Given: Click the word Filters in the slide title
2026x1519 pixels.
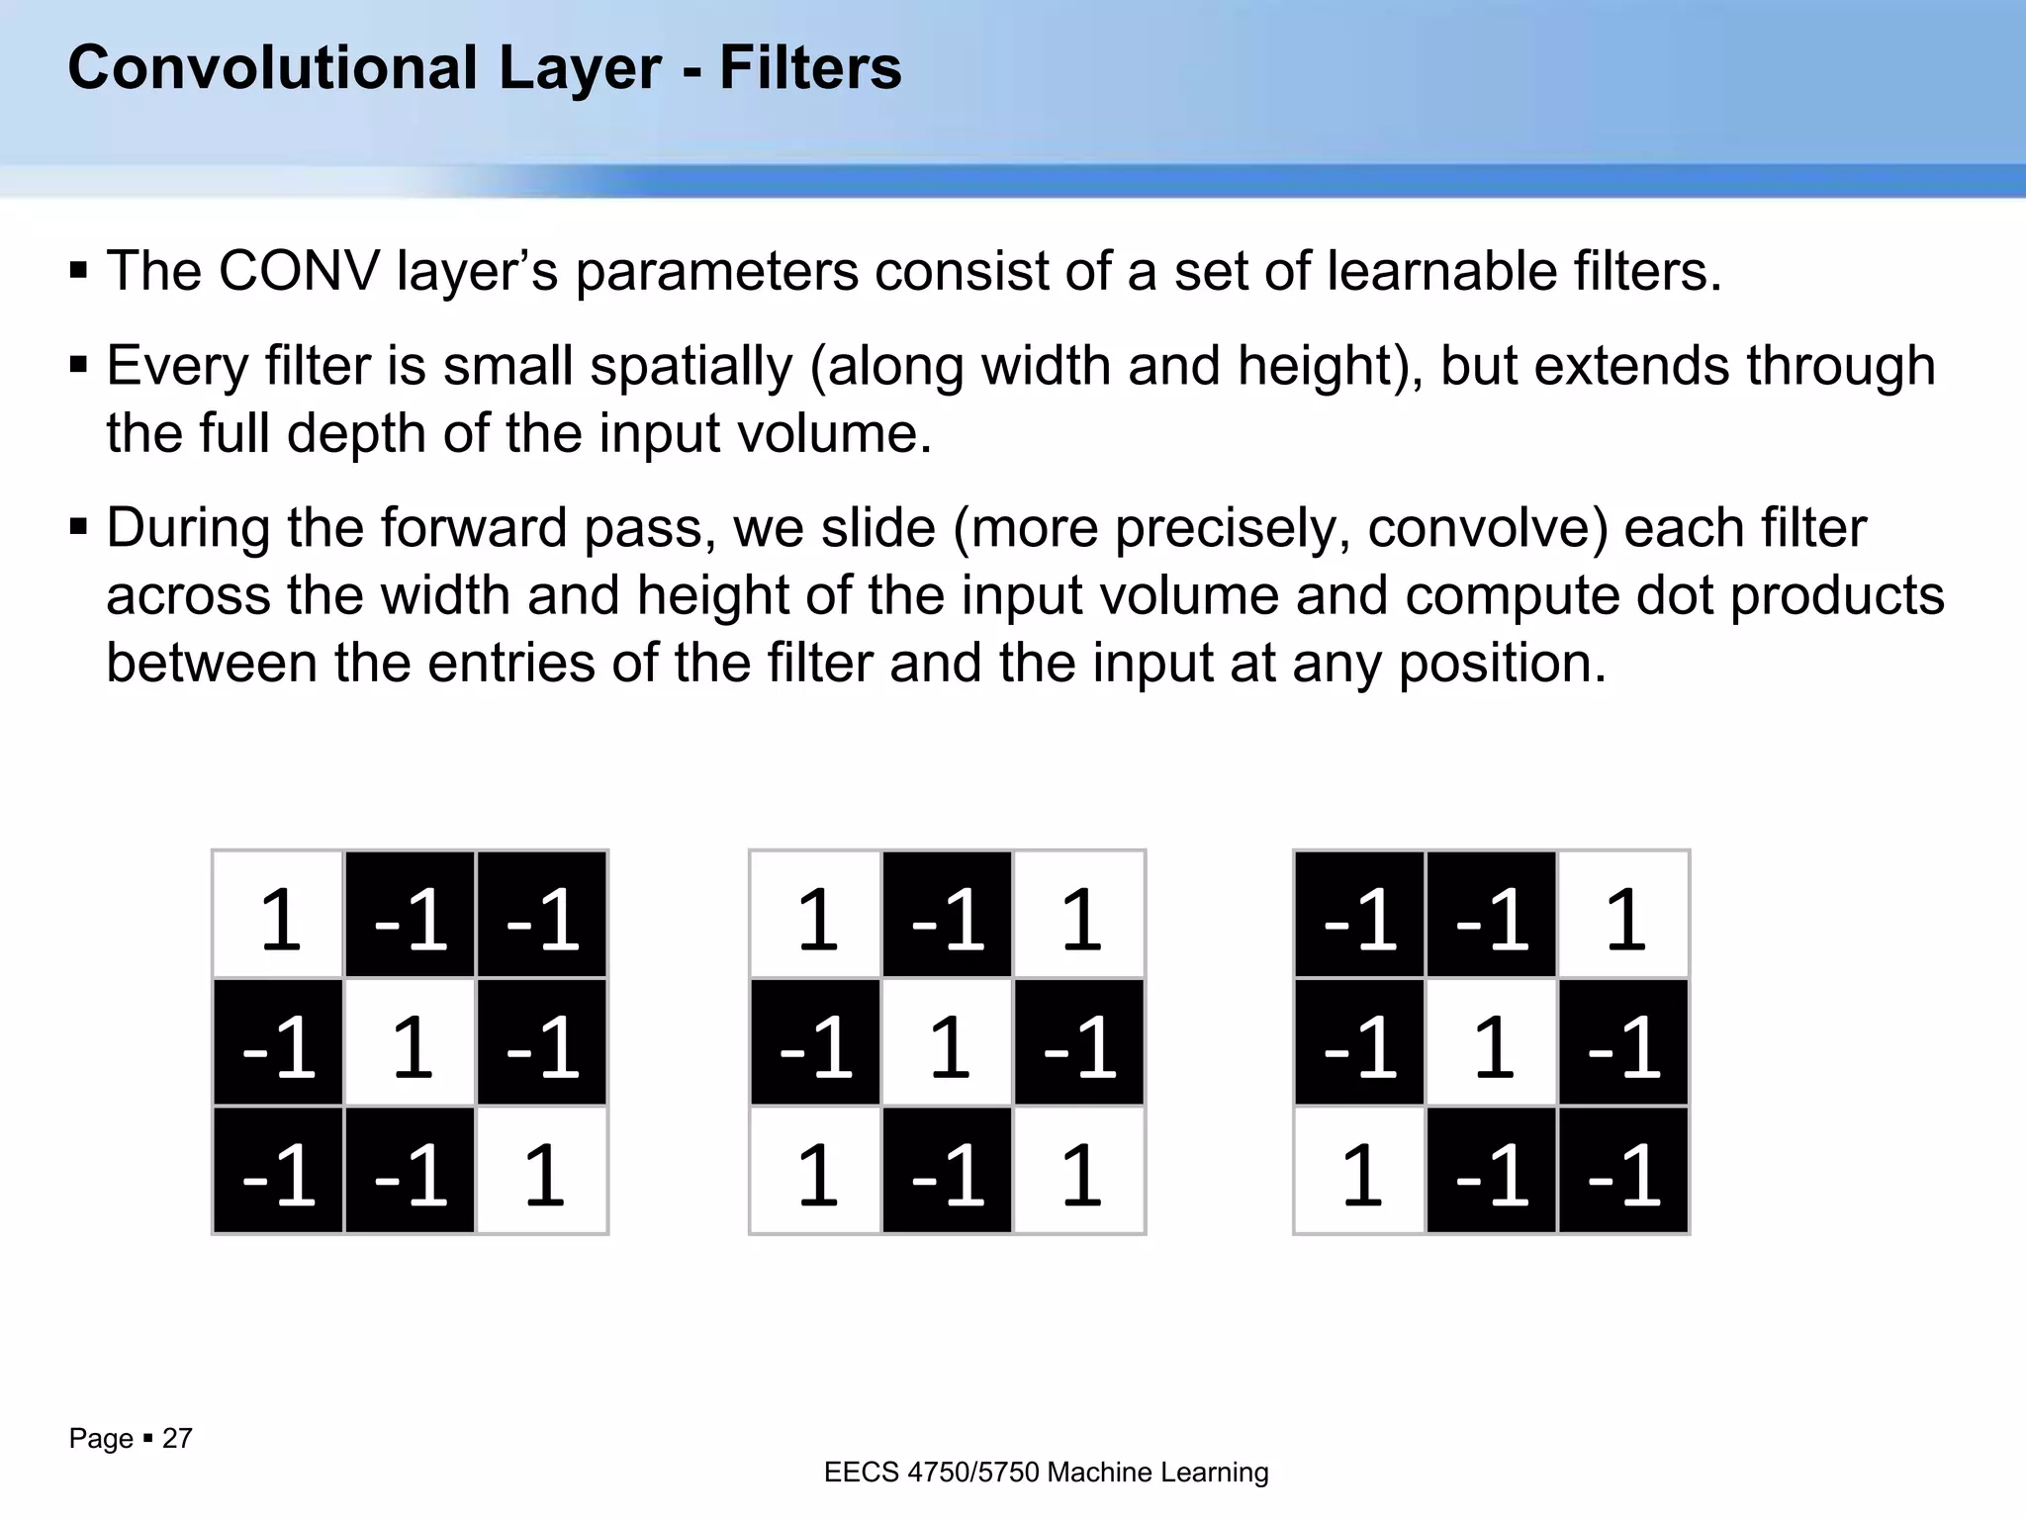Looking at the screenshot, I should click(809, 68).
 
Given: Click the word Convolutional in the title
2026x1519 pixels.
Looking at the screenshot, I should click(272, 68).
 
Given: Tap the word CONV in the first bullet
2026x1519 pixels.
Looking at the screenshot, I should click(299, 271).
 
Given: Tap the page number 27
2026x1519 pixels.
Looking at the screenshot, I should click(177, 1438).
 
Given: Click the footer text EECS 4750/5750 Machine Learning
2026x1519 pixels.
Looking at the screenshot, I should click(1046, 1473).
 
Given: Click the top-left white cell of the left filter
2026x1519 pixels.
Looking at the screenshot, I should click(279, 915).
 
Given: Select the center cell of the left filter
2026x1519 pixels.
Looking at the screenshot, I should click(411, 1042).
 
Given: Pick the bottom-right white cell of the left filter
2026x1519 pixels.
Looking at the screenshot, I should click(541, 1170).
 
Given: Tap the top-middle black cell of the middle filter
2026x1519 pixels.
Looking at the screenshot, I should click(947, 915).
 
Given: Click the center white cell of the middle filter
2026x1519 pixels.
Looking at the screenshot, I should click(947, 1042).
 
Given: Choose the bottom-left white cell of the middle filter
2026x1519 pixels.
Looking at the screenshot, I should click(816, 1170).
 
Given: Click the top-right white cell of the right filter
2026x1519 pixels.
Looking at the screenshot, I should click(1622, 915).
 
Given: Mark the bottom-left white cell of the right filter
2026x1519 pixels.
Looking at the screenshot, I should click(1360, 1170).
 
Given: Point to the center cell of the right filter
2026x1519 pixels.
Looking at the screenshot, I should click(1492, 1042).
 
